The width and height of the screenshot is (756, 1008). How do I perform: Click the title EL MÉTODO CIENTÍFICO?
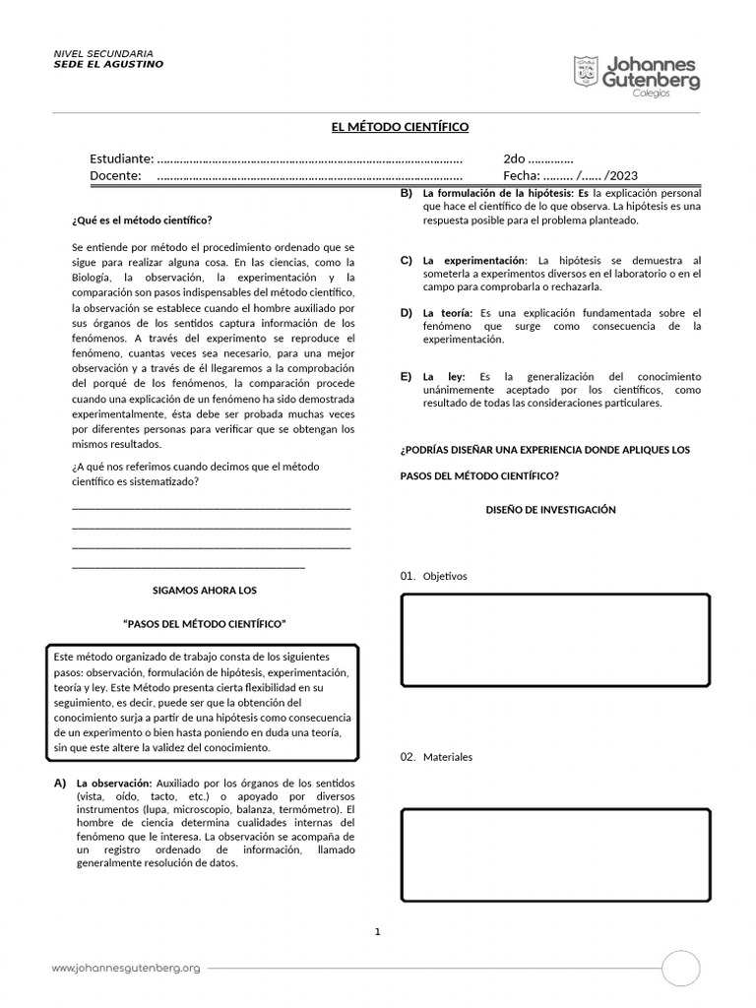coord(399,127)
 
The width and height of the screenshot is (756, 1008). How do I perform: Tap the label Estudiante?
coord(121,158)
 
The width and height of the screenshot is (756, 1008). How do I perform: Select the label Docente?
coord(116,176)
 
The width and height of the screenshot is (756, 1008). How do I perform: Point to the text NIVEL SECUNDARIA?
coord(102,53)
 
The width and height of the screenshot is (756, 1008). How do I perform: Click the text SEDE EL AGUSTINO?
coord(108,64)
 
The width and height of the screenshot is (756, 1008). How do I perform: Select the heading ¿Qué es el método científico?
coord(142,220)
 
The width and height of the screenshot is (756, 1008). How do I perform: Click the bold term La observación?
coord(113,783)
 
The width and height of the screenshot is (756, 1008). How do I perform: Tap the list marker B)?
coord(406,193)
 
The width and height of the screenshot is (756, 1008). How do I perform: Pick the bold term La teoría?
coord(448,313)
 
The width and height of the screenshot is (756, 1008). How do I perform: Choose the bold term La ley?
coord(443,377)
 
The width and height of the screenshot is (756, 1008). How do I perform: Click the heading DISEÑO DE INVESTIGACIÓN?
coord(550,510)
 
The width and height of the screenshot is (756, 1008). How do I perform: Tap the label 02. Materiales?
coord(436,757)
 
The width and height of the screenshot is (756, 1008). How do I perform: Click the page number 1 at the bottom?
coord(377,931)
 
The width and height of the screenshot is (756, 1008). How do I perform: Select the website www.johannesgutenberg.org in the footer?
coord(126,969)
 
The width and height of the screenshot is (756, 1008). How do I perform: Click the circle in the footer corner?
coord(680,969)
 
